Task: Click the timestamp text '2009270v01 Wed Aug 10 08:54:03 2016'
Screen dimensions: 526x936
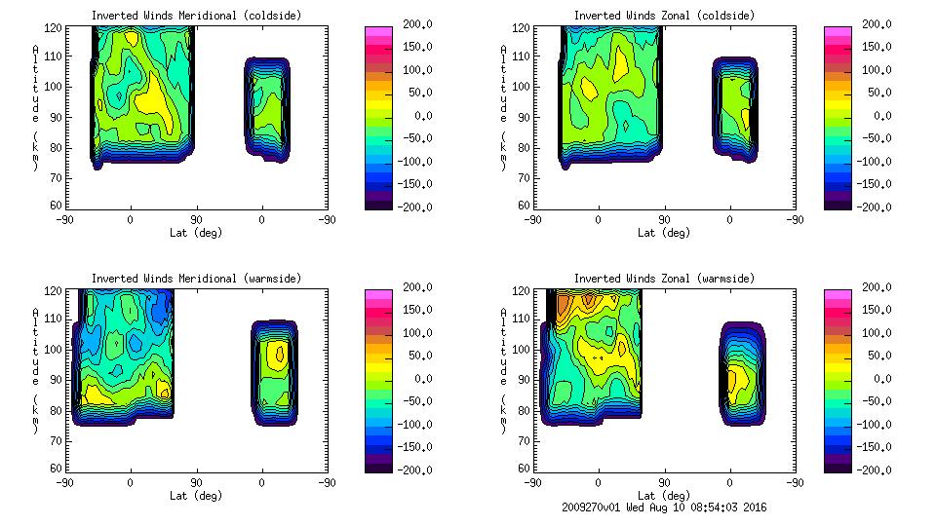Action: point(663,507)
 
